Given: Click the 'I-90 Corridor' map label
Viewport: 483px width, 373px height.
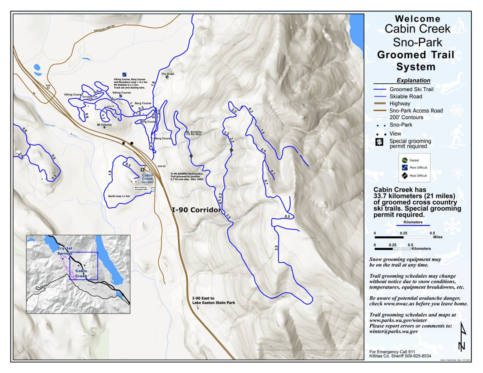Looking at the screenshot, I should [196, 210].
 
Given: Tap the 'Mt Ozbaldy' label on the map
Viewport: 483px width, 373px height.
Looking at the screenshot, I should [105, 125].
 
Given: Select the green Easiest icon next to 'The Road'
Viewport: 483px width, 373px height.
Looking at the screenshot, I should [167, 77].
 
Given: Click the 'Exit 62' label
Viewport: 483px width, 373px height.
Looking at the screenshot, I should [48, 86].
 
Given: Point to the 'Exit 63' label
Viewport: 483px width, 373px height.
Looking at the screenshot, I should [162, 166].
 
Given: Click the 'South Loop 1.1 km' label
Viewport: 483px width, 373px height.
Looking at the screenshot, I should [120, 196].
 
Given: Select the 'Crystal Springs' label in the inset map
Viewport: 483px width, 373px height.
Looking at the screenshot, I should [65, 251].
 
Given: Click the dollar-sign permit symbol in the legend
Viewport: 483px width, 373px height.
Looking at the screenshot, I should [379, 142].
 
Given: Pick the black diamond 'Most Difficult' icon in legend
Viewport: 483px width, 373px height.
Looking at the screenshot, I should [405, 175].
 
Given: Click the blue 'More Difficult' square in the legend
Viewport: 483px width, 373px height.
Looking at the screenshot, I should [405, 167].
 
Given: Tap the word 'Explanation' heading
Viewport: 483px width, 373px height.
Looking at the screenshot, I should [413, 80].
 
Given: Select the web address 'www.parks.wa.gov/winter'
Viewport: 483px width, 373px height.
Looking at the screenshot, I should [397, 320].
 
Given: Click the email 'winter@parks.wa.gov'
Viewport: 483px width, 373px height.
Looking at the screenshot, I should [394, 332].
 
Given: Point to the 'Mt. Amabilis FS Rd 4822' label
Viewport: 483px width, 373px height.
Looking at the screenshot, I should [193, 134].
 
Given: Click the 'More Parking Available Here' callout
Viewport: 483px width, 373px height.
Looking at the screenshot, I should [142, 188].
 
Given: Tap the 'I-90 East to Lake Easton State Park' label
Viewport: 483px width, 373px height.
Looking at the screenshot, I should [213, 301].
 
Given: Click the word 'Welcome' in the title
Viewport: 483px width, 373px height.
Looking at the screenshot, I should [417, 19].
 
